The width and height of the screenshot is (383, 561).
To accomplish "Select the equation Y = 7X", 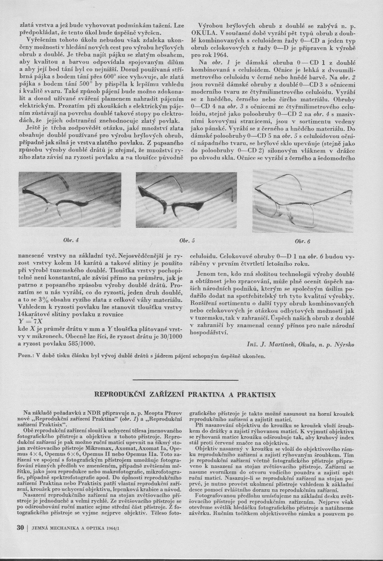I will coord(29,321).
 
